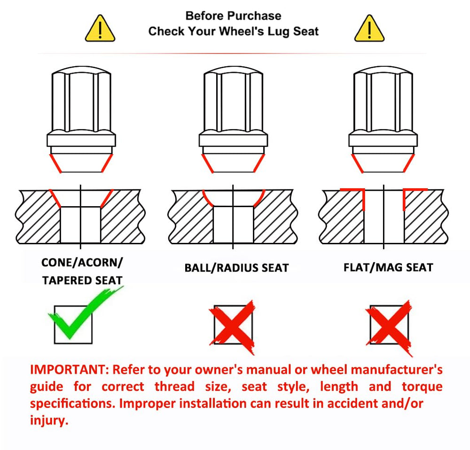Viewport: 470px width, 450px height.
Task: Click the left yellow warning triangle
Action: (x=100, y=29)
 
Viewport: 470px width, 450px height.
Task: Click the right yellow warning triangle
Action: (x=369, y=29)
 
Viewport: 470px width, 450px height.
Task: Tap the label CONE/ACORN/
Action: (x=82, y=263)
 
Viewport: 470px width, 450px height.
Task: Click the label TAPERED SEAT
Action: (x=82, y=280)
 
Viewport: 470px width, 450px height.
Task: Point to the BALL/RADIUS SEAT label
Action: (x=236, y=268)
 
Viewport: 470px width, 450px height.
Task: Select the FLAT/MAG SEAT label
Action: (x=389, y=267)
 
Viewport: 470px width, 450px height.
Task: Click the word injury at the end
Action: (x=49, y=420)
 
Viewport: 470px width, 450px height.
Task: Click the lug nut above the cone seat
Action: (x=81, y=119)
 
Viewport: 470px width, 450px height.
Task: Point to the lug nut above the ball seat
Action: (x=233, y=119)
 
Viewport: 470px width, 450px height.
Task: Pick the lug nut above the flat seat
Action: (x=383, y=119)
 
